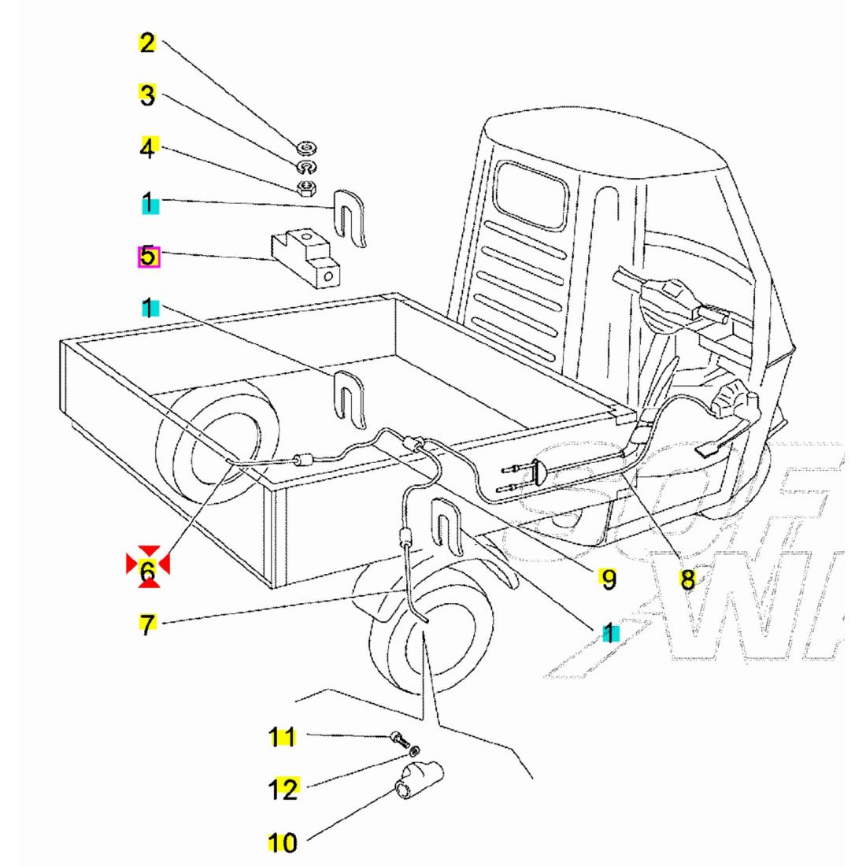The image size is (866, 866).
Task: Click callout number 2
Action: click(x=147, y=43)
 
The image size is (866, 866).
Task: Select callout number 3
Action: click(x=147, y=95)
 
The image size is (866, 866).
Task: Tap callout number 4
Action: click(x=148, y=147)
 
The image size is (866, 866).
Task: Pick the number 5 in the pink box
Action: click(x=148, y=257)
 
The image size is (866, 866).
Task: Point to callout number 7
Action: click(x=147, y=625)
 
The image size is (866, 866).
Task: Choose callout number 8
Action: click(x=687, y=580)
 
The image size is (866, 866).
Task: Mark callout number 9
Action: click(x=607, y=579)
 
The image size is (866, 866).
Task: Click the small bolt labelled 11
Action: click(x=399, y=738)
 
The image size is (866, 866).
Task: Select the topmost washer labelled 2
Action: click(x=307, y=147)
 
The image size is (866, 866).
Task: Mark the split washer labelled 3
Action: click(x=305, y=167)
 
